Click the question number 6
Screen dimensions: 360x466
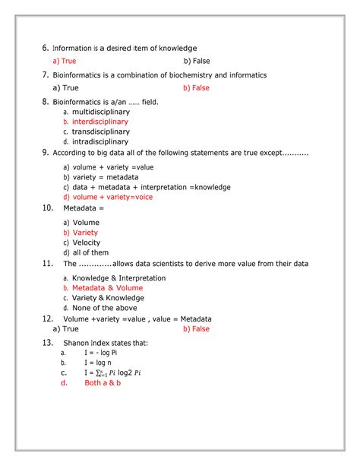(x=46, y=48)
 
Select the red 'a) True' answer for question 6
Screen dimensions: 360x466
(x=65, y=61)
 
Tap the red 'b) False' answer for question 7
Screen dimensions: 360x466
(x=197, y=88)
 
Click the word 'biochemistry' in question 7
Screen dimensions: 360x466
(x=174, y=75)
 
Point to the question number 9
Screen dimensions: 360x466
(x=46, y=153)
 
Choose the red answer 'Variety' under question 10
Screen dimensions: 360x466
(x=85, y=233)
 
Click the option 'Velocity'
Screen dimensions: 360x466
(x=86, y=243)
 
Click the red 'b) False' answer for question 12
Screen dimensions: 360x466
(x=197, y=329)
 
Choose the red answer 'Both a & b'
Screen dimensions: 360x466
(x=103, y=383)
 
